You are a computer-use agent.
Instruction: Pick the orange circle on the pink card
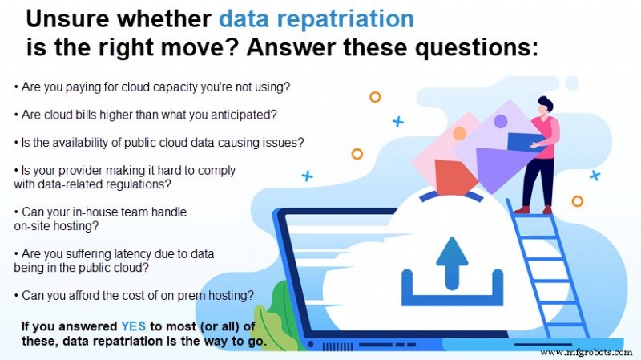459,133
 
